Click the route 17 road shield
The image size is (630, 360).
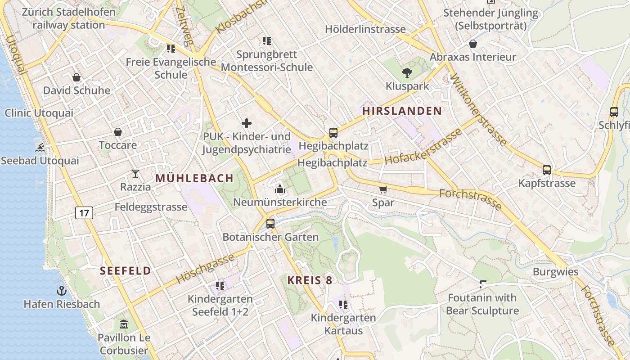point(84,212)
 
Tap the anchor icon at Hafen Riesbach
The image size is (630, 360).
point(62,291)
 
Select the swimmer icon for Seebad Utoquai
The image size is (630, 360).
point(40,148)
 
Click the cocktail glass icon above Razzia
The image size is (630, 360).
point(135,173)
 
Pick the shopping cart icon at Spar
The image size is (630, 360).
point(383,189)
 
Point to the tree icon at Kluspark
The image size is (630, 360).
point(407,72)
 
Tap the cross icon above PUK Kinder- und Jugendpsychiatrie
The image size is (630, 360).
point(247,123)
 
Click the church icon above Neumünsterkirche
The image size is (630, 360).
point(280,189)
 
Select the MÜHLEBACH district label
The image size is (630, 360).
point(194,179)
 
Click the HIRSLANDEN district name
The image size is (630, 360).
point(402,111)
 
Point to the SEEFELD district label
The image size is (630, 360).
point(126,271)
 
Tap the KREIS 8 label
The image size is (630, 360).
point(310,280)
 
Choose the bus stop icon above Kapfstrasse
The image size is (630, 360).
point(547,170)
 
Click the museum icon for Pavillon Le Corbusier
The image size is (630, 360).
point(123,324)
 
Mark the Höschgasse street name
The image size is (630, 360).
point(205,269)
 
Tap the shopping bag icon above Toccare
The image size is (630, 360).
point(118,132)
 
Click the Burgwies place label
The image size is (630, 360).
point(555,272)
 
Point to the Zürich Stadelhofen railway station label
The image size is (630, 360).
point(68,18)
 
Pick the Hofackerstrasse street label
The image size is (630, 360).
point(423,147)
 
